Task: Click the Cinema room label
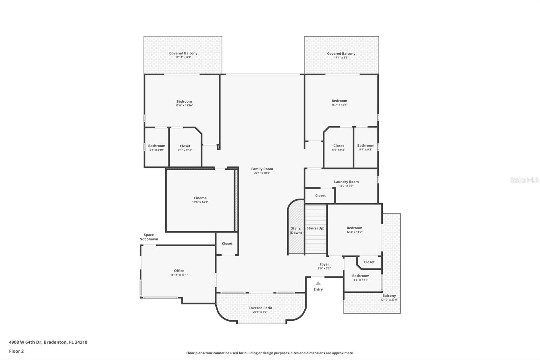pos(200,198)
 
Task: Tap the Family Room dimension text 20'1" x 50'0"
pos(262,173)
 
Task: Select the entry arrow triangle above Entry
pos(318,283)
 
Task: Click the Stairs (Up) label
pos(315,228)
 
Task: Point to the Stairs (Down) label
pos(296,231)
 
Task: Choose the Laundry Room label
pos(346,182)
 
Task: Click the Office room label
pos(179,271)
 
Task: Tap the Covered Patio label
pos(260,308)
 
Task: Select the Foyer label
pos(324,264)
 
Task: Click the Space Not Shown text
pos(148,237)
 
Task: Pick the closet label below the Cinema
pos(227,243)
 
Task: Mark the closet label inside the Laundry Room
pos(320,196)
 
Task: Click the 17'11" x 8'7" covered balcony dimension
pos(183,57)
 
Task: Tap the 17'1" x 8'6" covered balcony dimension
pos(341,57)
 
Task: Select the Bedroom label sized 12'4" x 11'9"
pos(354,228)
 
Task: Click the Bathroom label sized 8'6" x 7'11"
pos(360,276)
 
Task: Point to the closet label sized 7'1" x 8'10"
pos(185,146)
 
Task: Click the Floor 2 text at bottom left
pos(16,351)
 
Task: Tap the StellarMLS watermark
pos(524,180)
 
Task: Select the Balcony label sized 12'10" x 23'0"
pos(389,295)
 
